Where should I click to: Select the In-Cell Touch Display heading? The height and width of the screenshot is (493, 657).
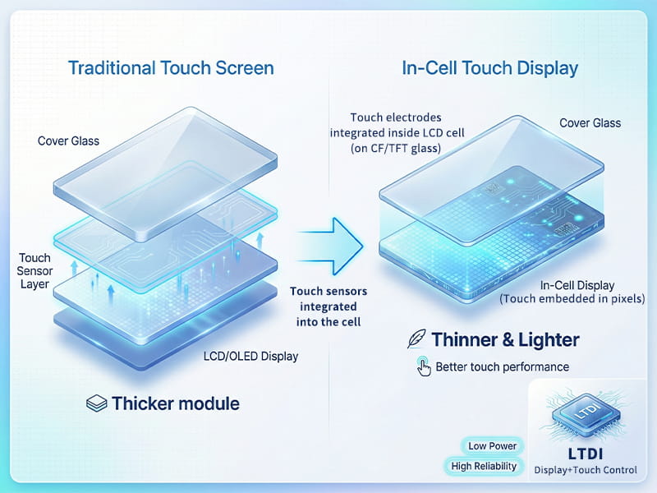pyautogui.click(x=489, y=67)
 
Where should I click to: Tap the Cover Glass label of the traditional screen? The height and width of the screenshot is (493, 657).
pyautogui.click(x=68, y=141)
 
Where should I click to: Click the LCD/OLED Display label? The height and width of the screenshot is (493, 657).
pyautogui.click(x=250, y=356)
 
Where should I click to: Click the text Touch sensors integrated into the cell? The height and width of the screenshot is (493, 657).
pyautogui.click(x=328, y=306)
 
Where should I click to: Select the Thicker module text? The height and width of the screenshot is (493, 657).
pyautogui.click(x=176, y=403)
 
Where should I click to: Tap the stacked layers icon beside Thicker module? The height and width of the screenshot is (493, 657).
pyautogui.click(x=97, y=403)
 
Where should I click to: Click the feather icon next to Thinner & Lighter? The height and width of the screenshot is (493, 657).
pyautogui.click(x=416, y=339)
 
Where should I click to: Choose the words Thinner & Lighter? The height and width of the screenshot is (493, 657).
pyautogui.click(x=505, y=339)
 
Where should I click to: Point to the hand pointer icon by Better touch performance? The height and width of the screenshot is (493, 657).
pyautogui.click(x=423, y=366)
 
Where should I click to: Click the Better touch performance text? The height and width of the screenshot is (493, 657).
pyautogui.click(x=502, y=366)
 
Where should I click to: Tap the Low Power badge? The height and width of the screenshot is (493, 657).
pyautogui.click(x=492, y=446)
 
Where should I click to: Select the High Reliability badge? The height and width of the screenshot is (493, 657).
pyautogui.click(x=485, y=466)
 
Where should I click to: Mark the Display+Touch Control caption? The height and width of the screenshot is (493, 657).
pyautogui.click(x=586, y=470)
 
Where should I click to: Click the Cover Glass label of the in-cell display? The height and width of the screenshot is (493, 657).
pyautogui.click(x=590, y=123)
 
